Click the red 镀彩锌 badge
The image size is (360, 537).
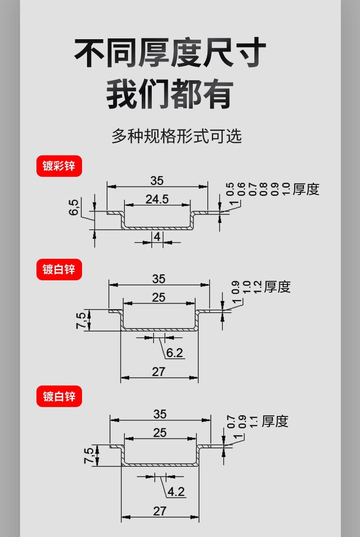pos(59,166)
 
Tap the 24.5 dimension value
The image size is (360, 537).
pos(157,199)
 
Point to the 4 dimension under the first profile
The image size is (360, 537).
pos(157,237)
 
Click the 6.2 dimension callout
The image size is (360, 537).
pos(175,352)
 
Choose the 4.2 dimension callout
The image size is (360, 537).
pos(176,491)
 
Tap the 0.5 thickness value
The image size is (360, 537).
pos(230,189)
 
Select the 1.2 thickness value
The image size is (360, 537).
pos(257,287)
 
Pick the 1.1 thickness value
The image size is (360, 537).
pos(253,422)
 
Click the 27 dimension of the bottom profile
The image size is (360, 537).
pos(160,511)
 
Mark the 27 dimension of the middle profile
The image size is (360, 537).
pos(159,372)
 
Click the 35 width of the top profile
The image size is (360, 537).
pos(157,181)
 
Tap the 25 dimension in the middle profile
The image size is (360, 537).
pos(159,297)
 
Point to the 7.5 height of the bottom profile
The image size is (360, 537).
pos(88,455)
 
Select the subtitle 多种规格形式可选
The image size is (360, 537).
pos(176,136)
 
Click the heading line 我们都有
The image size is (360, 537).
pos(170,94)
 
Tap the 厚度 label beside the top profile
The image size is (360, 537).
pos(306,189)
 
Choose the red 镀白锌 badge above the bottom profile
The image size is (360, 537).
pos(59,396)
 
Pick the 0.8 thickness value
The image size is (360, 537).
pos(263,189)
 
